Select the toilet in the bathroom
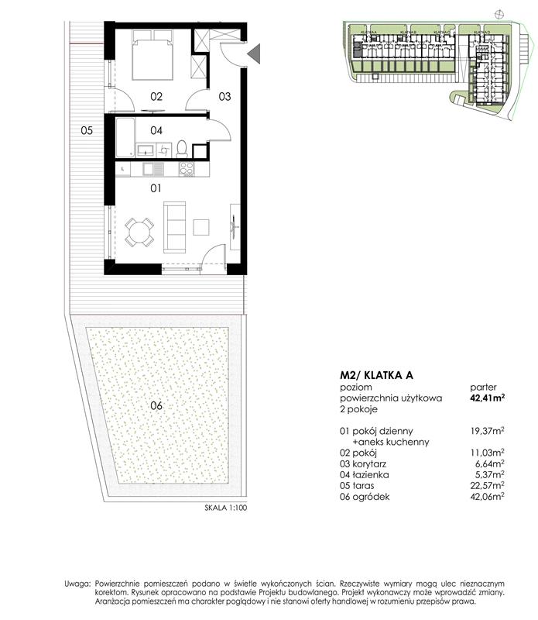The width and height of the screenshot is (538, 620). [x=181, y=148]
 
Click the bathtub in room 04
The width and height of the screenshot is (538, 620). [x=125, y=138]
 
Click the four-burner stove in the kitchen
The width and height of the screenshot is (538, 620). [x=186, y=168]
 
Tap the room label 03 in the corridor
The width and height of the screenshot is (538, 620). [x=224, y=97]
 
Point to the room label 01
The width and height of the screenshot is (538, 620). [x=156, y=188]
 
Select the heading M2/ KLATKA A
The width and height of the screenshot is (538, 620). [x=377, y=374]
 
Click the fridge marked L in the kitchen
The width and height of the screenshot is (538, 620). [x=124, y=168]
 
